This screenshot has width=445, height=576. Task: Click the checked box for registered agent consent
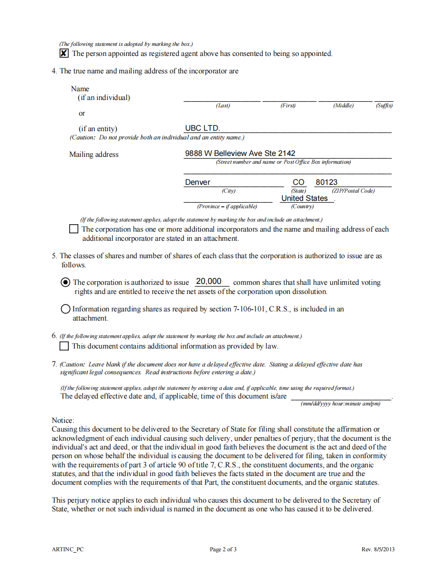64,53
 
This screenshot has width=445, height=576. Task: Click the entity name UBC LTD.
202,128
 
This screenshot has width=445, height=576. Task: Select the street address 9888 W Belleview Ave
240,153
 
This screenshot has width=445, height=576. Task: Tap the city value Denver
198,182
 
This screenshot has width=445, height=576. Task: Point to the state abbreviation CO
298,182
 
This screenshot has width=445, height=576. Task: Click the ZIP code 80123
326,182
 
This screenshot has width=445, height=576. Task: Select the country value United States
304,198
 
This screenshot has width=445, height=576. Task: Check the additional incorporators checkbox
74,229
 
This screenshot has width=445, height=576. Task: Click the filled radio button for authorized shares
66,282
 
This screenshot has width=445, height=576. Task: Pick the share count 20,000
209,281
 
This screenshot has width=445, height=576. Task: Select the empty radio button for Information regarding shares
66,309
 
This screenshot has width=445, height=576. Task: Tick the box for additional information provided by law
65,346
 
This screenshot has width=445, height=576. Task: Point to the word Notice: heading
63,420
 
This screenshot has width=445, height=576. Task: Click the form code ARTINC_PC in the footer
68,549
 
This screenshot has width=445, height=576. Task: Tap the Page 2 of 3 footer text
223,549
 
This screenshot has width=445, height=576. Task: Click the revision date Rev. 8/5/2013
378,549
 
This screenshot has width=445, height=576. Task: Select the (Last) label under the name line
223,105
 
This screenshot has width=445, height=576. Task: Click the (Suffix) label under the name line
384,105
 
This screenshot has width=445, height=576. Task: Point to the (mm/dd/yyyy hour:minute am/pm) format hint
341,404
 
